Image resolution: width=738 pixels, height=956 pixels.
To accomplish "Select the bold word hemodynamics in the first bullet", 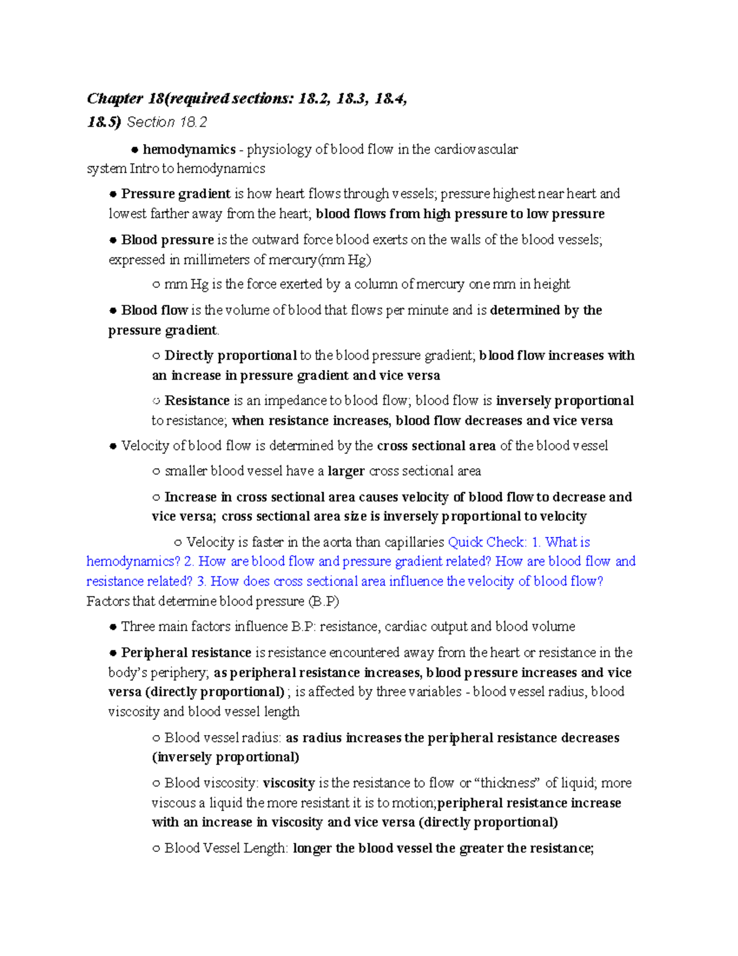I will click(x=189, y=150).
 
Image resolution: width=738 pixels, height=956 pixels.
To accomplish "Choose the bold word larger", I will click(x=346, y=472).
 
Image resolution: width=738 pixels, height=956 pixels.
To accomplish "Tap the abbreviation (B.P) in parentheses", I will click(x=323, y=601).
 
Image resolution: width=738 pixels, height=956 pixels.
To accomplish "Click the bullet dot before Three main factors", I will click(x=113, y=627).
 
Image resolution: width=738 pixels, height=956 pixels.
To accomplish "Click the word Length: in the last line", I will click(x=266, y=848).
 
